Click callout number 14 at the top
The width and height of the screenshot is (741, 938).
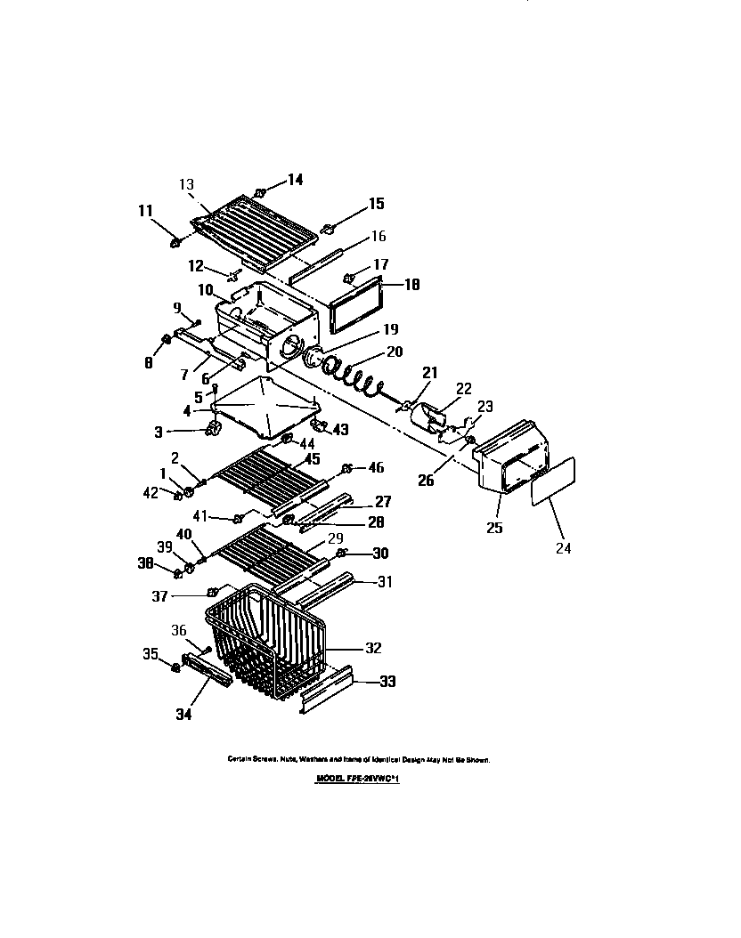click(295, 180)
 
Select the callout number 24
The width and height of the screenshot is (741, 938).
click(563, 548)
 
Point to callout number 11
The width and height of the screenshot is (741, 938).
click(145, 211)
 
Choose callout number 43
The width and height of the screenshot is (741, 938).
click(341, 430)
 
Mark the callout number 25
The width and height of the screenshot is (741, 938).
click(494, 528)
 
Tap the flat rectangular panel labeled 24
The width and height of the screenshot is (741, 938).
click(552, 481)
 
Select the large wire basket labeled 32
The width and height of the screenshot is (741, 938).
click(267, 641)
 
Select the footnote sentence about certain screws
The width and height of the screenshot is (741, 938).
click(358, 760)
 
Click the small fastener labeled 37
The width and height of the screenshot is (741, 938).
click(213, 592)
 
